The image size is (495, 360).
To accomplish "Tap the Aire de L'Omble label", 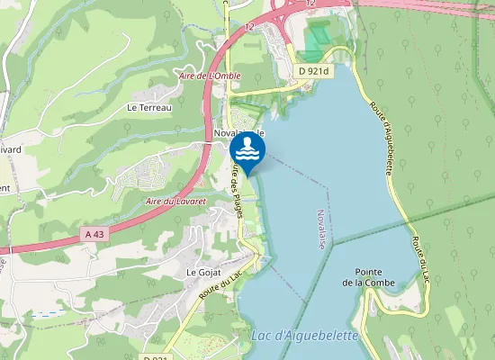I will (210, 76).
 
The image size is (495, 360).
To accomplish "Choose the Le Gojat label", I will (202, 271).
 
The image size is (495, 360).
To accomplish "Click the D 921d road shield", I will (314, 70).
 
